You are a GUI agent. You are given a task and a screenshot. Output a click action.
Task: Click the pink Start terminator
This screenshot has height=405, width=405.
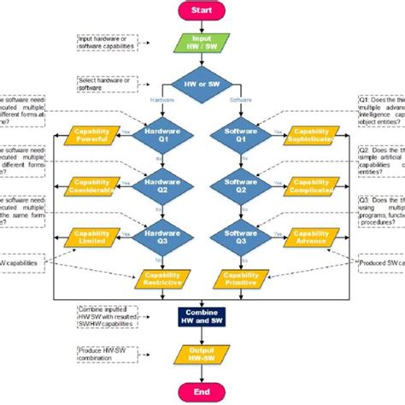pyautogui.click(x=202, y=11)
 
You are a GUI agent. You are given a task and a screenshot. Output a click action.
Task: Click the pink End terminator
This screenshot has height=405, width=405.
pyautogui.click(x=202, y=390)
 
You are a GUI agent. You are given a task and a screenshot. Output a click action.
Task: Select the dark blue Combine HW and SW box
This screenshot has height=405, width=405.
pyautogui.click(x=202, y=315)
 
